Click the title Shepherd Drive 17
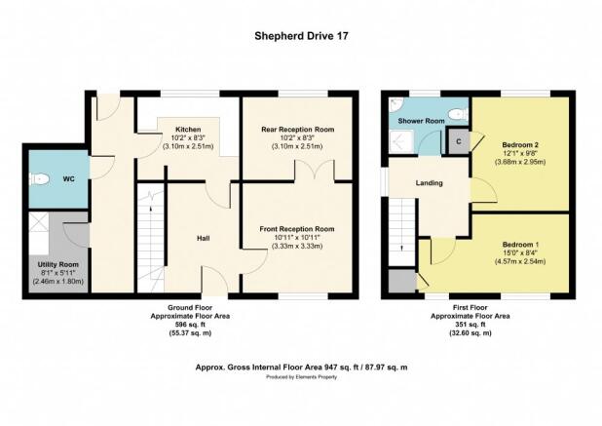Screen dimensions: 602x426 click(301, 36)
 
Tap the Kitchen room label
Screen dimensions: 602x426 click(188, 130)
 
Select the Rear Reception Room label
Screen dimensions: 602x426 click(297, 130)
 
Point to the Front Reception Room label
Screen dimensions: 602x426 click(297, 229)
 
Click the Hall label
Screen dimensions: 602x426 click(203, 239)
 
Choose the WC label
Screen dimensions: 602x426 click(69, 179)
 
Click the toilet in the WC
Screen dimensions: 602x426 click(39, 179)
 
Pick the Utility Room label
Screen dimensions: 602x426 click(58, 264)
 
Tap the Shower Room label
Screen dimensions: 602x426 click(421, 121)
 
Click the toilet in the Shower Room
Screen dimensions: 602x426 click(458, 114)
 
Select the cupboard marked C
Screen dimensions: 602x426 click(459, 141)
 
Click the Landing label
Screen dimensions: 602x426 click(430, 183)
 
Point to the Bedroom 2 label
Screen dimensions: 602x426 click(520, 145)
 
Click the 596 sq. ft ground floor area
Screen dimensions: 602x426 click(190, 325)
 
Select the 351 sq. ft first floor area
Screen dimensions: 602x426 click(470, 325)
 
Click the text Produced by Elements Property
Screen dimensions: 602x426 click(301, 377)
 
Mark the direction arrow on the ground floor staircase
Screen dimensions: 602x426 click(150, 209)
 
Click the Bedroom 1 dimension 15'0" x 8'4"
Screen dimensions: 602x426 click(520, 252)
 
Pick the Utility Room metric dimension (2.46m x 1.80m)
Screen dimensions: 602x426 click(58, 281)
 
